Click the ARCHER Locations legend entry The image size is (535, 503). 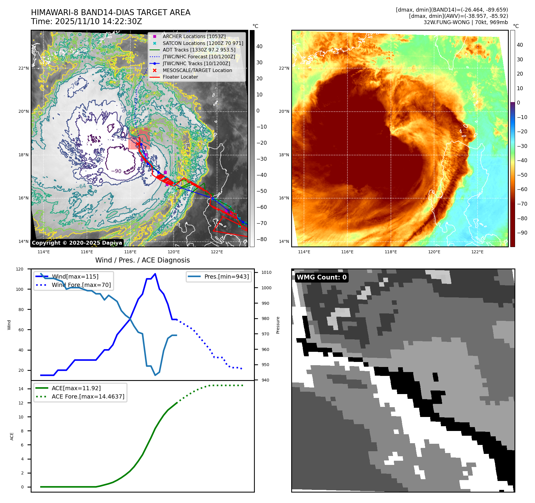tap(194, 36)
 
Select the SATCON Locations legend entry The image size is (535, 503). tap(203, 43)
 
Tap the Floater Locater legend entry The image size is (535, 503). tap(180, 77)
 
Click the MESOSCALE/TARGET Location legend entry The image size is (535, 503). tap(197, 70)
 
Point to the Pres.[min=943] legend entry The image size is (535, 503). tap(226, 277)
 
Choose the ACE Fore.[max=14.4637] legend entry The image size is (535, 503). tap(88, 396)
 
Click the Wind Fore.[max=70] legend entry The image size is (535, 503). tap(81, 285)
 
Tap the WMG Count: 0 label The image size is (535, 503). tap(322, 277)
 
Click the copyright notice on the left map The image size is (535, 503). tap(77, 243)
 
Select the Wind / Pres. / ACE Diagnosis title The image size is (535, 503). tap(142, 260)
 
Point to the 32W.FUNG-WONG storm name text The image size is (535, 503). tap(466, 22)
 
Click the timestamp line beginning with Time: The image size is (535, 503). tap(86, 21)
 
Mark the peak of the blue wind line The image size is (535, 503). tap(155, 274)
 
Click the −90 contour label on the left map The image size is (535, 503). tap(116, 171)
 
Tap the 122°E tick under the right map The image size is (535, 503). tap(477, 252)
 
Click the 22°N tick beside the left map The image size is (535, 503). tap(24, 68)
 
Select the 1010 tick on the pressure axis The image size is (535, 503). tap(266, 272)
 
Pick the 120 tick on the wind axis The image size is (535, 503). tap(20, 269)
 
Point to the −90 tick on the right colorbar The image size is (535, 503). tap(522, 233)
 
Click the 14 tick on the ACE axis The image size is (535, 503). tap(21, 389)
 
